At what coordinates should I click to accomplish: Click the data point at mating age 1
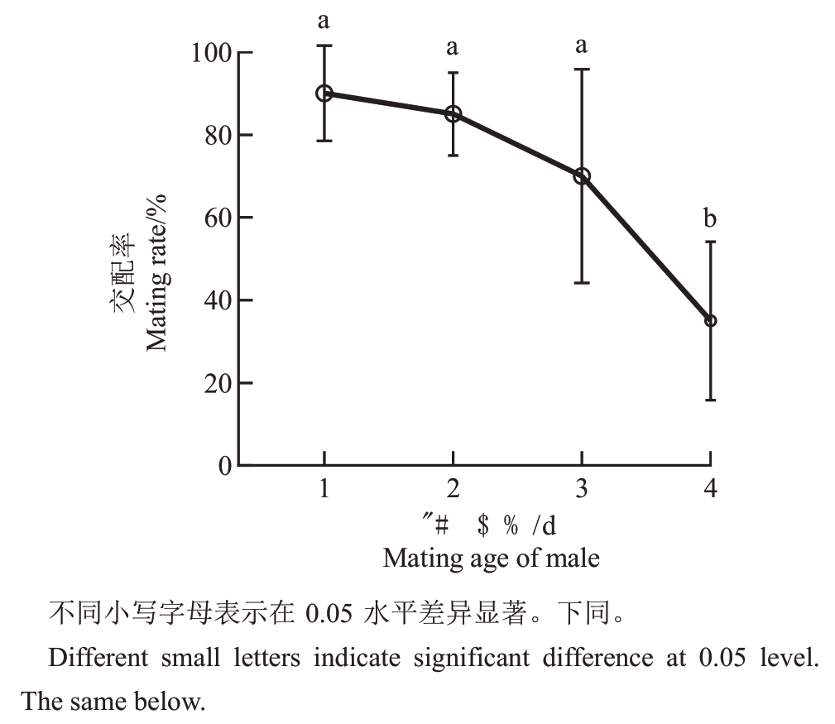coord(324,93)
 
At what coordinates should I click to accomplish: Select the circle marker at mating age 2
coord(453,114)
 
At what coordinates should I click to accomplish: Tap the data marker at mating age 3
coord(582,176)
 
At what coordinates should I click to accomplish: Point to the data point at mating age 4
coord(710,320)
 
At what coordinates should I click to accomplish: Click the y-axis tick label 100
coord(211,53)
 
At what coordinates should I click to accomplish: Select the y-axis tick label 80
coord(218,136)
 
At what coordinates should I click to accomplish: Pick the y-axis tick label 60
coord(218,218)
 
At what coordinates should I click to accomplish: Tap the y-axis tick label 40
coord(218,300)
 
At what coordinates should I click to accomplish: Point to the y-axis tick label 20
coord(218,383)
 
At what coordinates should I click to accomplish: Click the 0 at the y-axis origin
coord(226,466)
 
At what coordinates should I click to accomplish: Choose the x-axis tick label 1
coord(324,489)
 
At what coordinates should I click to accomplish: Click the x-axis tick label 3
coord(582,489)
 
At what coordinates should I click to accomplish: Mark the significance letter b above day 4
coord(710,219)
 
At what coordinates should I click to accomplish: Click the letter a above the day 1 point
coord(324,21)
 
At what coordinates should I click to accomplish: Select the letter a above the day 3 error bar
coord(582,45)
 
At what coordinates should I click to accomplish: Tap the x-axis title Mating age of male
coord(491,558)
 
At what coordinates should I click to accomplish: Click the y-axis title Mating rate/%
coord(157,272)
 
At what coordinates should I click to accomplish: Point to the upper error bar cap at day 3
coord(582,70)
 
